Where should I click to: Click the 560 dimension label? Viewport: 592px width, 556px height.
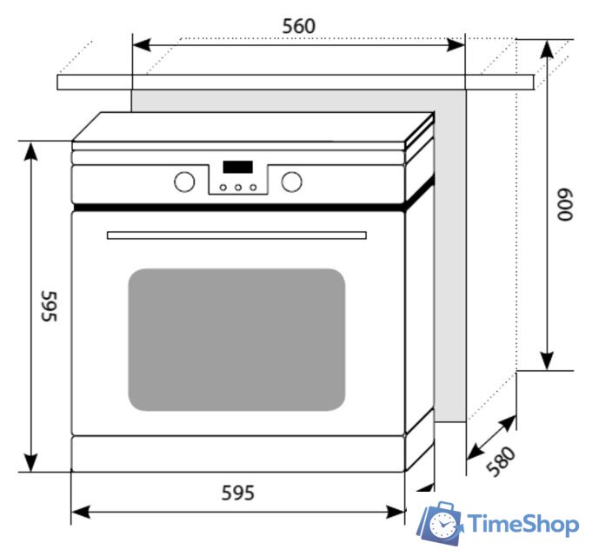click(x=298, y=26)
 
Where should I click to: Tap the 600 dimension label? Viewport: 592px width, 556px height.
click(x=566, y=205)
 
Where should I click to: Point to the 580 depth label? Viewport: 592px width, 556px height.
click(x=502, y=461)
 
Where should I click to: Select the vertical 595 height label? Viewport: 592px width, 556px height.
click(x=48, y=306)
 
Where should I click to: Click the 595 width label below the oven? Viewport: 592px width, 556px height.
click(x=236, y=493)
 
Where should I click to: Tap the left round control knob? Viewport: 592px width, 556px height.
click(x=184, y=182)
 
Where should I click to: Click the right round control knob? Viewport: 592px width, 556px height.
click(x=292, y=182)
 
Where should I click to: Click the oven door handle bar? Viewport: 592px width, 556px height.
click(x=236, y=235)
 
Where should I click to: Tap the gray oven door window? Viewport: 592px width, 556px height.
click(x=236, y=339)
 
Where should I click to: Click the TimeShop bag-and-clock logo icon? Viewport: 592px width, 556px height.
click(x=442, y=523)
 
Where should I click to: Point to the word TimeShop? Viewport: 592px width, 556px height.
click(x=523, y=524)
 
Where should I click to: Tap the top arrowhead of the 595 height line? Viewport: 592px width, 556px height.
click(x=31, y=150)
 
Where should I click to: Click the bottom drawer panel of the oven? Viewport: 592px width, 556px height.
click(x=236, y=453)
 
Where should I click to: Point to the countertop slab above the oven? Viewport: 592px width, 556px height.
click(x=296, y=82)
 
